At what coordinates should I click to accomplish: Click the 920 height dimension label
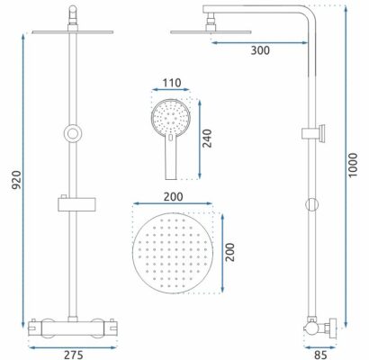[x=16, y=180]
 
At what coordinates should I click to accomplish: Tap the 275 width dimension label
[x=73, y=355]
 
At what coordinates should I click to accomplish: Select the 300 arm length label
[x=260, y=50]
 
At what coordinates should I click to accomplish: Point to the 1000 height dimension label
[x=353, y=165]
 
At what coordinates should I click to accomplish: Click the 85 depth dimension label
[x=320, y=355]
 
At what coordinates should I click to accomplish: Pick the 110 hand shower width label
[x=172, y=83]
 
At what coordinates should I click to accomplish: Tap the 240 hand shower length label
[x=207, y=139]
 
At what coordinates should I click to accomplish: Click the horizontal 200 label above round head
[x=173, y=197]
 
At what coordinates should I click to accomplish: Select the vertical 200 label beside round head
[x=229, y=252]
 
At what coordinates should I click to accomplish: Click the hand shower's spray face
[x=171, y=116]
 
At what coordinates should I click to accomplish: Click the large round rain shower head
[x=173, y=253]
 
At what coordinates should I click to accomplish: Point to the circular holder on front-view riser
[x=73, y=133]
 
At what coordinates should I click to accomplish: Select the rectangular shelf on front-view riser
[x=76, y=204]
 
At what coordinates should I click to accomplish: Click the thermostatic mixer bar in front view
[x=72, y=328]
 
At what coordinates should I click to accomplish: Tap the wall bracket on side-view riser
[x=314, y=133]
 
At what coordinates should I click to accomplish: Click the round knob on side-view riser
[x=311, y=204]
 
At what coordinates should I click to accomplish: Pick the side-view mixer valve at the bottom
[x=320, y=328]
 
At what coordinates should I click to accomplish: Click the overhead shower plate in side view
[x=211, y=31]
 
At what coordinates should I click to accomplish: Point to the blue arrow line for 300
[x=260, y=43]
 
